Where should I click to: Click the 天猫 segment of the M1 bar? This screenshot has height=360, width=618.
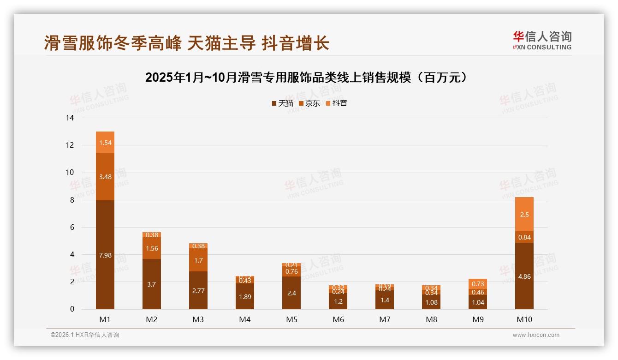tap(105, 255)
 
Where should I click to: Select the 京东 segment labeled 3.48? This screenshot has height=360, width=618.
tap(105, 176)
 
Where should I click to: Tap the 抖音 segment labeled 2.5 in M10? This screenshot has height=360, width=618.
tap(524, 214)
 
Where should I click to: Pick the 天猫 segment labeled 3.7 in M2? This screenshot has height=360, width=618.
tap(152, 284)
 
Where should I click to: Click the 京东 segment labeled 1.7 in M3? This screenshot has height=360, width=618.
tap(198, 260)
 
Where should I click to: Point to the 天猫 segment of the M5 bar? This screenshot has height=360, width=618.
tap(291, 293)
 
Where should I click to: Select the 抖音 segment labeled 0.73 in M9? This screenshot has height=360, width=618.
tap(477, 284)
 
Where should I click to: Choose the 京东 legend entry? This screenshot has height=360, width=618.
tap(309, 103)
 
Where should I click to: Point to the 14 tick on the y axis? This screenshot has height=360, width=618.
tap(70, 118)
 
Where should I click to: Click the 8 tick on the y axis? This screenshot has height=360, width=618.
tap(71, 200)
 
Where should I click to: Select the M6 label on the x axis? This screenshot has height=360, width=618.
tap(338, 319)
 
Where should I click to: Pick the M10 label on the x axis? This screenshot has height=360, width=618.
tap(524, 319)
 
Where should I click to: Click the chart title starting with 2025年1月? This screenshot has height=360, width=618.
tap(309, 78)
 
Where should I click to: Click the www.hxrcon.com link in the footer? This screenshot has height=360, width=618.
tap(536, 335)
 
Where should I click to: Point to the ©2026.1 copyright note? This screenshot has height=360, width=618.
tap(85, 335)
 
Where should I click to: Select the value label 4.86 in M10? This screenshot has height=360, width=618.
tap(524, 276)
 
